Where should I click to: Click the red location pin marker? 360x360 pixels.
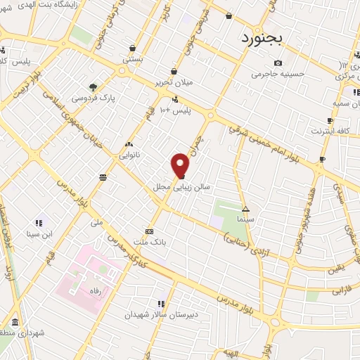(181, 165)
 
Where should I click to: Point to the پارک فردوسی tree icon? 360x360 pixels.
(94, 88)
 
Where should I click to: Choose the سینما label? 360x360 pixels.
(246, 219)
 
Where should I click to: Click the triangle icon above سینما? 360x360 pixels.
(246, 209)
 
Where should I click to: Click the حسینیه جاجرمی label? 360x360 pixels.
(279, 73)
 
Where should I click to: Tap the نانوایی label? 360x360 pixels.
(129, 153)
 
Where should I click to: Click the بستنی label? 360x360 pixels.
(134, 60)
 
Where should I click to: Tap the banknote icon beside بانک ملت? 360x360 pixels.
(149, 231)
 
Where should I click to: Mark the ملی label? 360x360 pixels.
(97, 223)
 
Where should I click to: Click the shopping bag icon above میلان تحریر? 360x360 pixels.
(174, 71)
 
